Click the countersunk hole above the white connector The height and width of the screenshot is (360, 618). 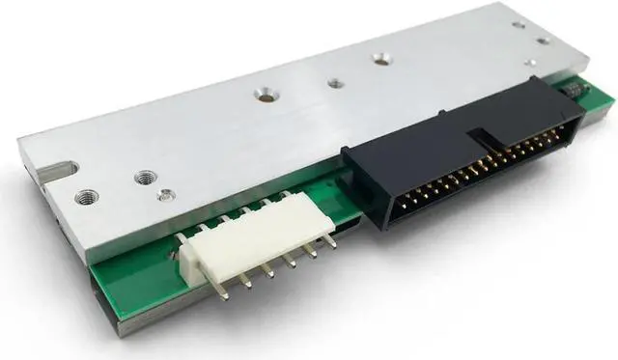tap(261, 97)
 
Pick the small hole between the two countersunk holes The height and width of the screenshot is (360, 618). tap(334, 83)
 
